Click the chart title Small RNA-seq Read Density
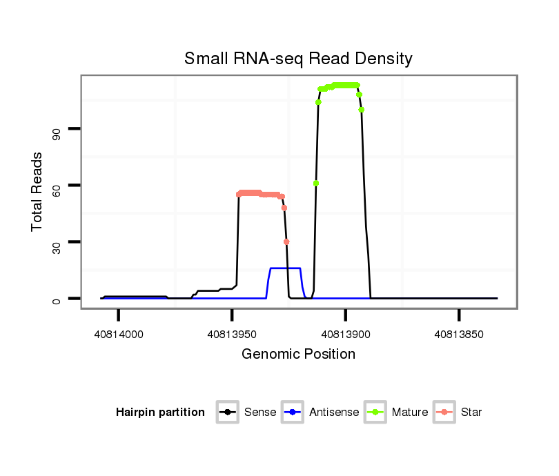[x=298, y=59]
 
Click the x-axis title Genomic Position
[x=298, y=354]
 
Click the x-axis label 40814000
[x=119, y=334]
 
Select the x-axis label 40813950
[x=232, y=334]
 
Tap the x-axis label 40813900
[x=346, y=334]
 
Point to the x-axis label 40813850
[x=459, y=334]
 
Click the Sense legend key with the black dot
[x=228, y=413]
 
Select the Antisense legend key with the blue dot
[x=293, y=413]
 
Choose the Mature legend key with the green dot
[x=375, y=413]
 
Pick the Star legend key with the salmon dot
[x=444, y=413]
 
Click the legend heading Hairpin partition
[x=160, y=413]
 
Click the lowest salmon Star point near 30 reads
[x=286, y=241]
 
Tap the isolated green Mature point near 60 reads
[x=315, y=183]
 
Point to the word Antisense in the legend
[x=334, y=413]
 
